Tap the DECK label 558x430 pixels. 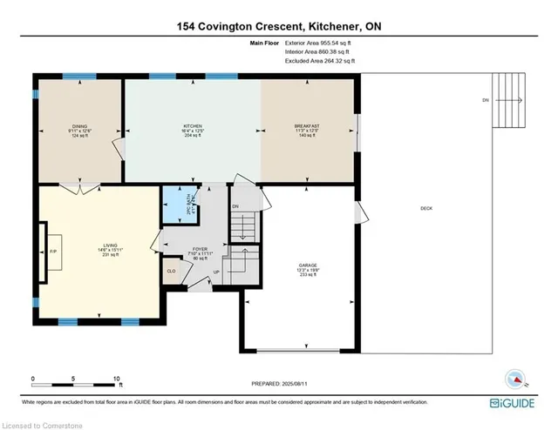pos(425,208)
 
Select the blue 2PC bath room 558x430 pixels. pos(176,208)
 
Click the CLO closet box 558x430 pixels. pos(172,271)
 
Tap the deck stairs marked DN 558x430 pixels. pos(510,99)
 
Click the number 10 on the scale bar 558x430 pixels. pos(116,380)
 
